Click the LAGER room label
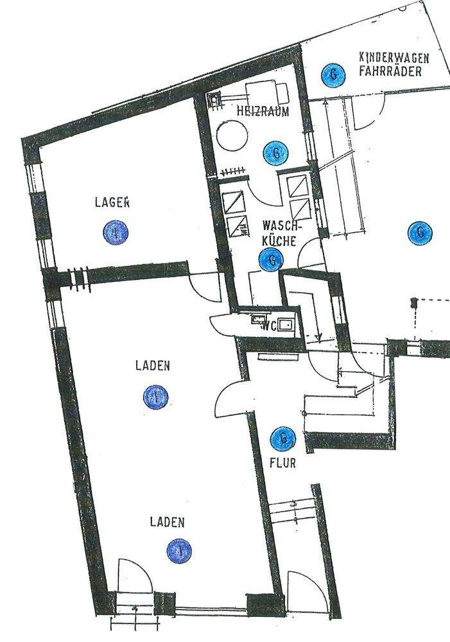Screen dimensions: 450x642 (x=112, y=202)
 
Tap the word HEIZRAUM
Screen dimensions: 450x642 (x=263, y=111)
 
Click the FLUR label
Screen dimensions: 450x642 (x=282, y=462)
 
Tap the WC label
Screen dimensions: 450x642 (x=270, y=325)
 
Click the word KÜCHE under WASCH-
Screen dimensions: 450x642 (x=279, y=241)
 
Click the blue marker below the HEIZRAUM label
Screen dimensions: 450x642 (x=276, y=153)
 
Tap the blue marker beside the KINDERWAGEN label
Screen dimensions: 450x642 (x=333, y=74)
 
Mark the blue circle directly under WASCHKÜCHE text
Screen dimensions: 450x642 (x=272, y=260)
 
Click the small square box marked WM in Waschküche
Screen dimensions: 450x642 (x=239, y=225)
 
